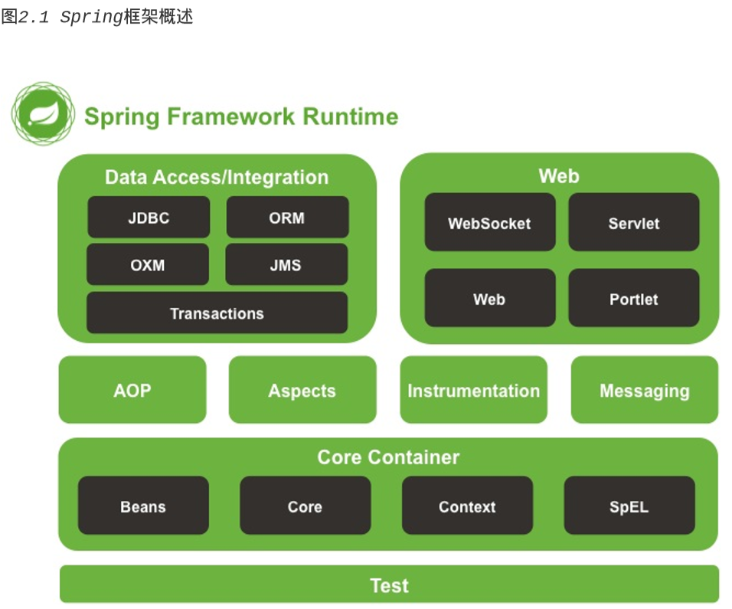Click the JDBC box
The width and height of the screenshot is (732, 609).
149,218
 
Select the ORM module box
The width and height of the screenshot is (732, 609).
287,218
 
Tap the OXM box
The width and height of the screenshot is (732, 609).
148,265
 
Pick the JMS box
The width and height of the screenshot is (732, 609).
286,265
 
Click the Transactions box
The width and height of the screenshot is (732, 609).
217,313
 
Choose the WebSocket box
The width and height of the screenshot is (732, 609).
489,223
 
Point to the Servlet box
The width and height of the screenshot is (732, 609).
633,223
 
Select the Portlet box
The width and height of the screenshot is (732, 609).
633,299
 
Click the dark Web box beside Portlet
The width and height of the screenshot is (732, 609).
489,299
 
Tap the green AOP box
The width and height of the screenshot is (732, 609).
132,390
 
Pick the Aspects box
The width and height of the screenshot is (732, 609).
302,390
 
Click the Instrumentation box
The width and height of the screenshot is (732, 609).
473,390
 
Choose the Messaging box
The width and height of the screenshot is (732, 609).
644,390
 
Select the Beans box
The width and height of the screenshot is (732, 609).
143,506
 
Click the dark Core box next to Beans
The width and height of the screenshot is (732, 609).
305,506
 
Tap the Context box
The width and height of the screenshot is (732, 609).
467,506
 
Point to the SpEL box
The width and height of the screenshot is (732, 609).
629,506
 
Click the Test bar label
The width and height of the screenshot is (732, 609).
389,585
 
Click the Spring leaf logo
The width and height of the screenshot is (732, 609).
43,115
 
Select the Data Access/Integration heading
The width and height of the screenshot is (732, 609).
217,177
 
